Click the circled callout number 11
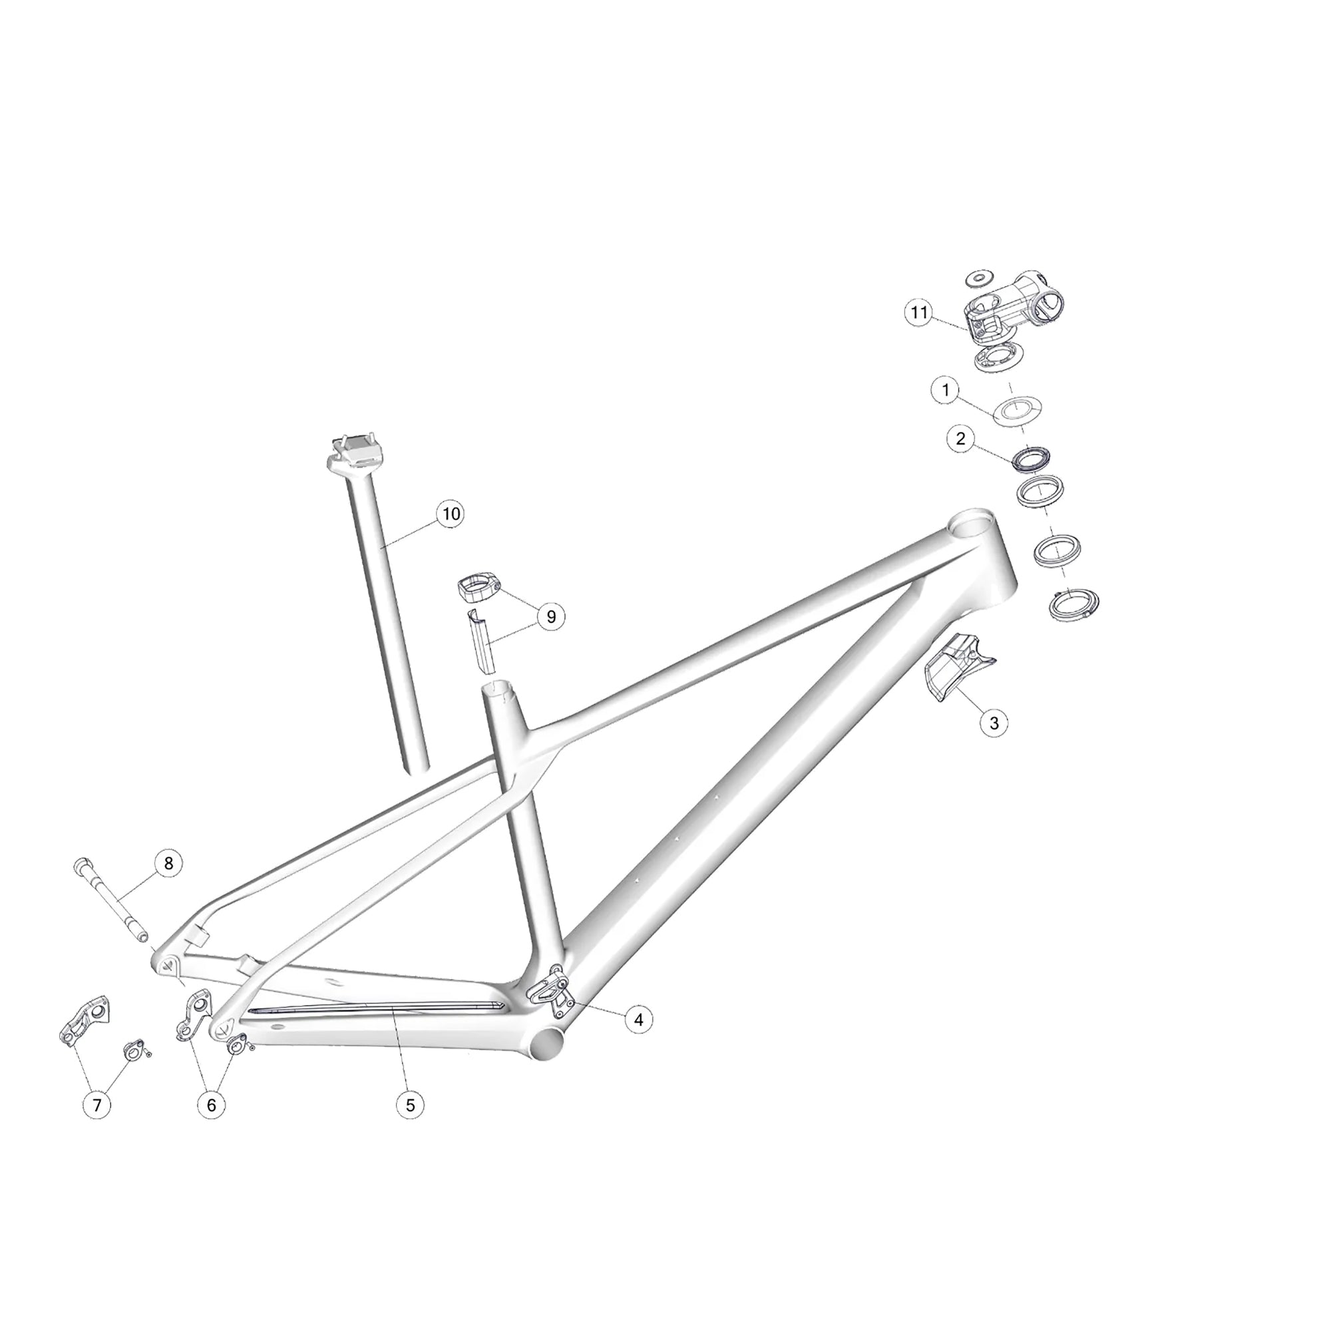click(919, 313)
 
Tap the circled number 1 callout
click(945, 390)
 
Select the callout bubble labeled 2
click(961, 439)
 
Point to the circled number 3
click(994, 723)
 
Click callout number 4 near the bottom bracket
click(639, 1019)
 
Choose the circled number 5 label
click(410, 1105)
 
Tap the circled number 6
click(212, 1105)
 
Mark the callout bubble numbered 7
click(96, 1105)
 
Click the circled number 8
click(169, 863)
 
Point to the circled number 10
click(451, 514)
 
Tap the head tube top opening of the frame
click(972, 522)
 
